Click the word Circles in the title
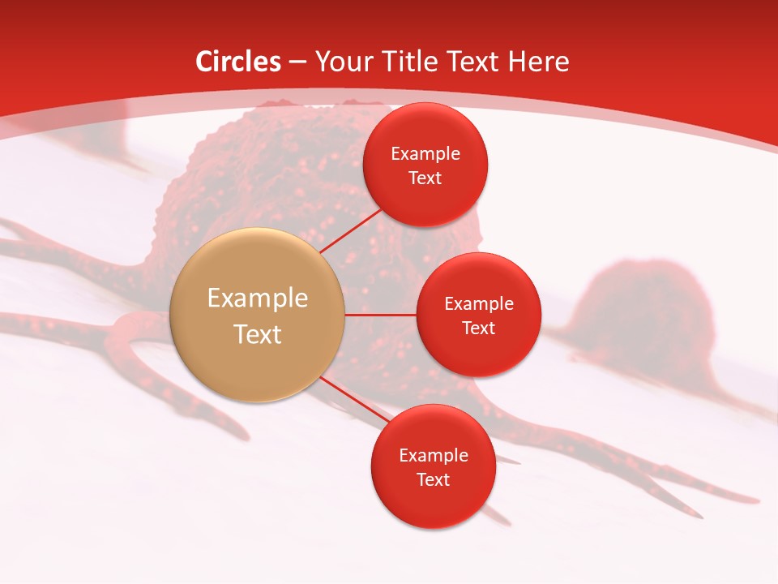(237, 62)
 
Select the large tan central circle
(258, 315)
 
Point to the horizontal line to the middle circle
(381, 315)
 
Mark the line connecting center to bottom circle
(355, 401)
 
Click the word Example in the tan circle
(258, 298)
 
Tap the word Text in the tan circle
(258, 334)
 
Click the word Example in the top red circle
(425, 154)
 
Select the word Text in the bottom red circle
(433, 479)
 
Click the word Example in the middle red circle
(479, 304)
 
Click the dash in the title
(297, 62)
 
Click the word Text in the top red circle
(425, 178)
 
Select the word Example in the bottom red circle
(434, 455)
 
